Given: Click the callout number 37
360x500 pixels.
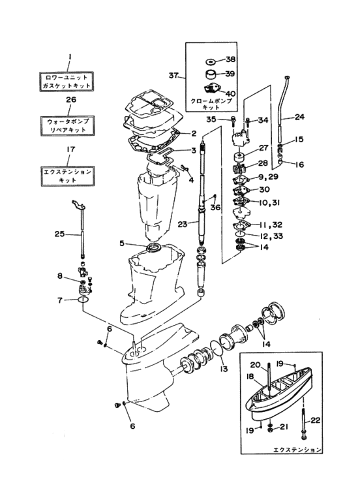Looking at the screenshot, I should click(x=173, y=75).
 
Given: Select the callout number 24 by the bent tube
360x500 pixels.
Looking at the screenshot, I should click(x=299, y=117).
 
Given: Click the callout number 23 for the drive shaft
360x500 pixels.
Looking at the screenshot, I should click(x=183, y=224).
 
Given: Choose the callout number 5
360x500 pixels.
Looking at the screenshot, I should click(x=121, y=244).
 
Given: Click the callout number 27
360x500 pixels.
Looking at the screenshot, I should click(x=263, y=148).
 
